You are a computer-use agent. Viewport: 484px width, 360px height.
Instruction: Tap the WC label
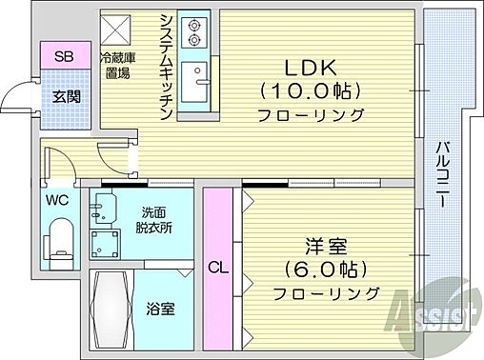(57, 200)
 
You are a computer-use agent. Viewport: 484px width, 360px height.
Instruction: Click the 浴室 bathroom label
(160, 309)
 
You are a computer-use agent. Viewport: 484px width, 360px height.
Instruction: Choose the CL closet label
(218, 269)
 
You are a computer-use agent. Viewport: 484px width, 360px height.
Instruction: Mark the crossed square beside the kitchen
(121, 27)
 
